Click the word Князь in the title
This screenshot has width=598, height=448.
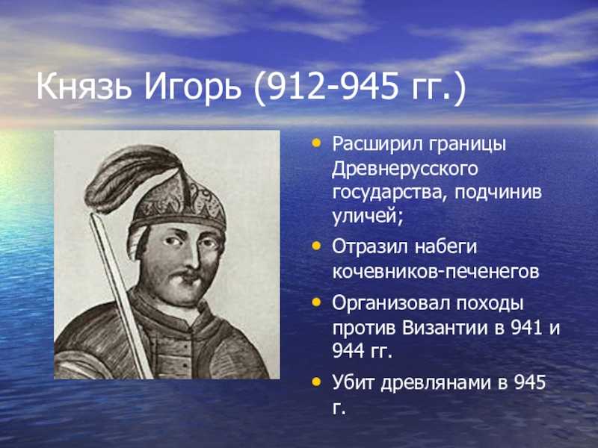(x=84, y=88)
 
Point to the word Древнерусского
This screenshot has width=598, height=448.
(x=405, y=169)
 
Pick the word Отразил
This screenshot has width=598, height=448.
(x=369, y=247)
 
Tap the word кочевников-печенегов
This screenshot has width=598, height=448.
(x=436, y=272)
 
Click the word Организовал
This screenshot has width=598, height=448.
(x=391, y=305)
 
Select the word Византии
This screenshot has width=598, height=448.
(x=445, y=328)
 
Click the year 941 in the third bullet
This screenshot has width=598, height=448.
(x=527, y=328)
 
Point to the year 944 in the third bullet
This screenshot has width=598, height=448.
(x=348, y=351)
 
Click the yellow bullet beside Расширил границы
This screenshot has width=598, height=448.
(x=316, y=143)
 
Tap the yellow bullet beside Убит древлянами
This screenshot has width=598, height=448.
(x=316, y=382)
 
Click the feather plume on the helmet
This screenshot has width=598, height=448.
(x=129, y=177)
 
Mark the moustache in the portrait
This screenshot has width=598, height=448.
(x=183, y=274)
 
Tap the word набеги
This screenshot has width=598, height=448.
(x=446, y=247)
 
